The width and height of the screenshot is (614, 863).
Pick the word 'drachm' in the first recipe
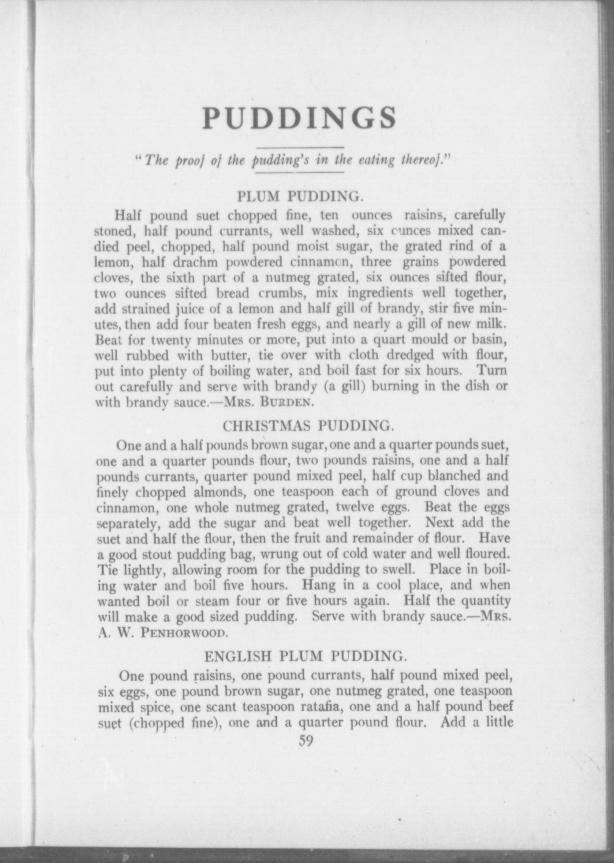(194, 262)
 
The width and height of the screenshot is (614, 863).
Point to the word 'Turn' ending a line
(492, 371)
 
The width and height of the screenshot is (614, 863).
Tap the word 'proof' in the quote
(189, 161)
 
